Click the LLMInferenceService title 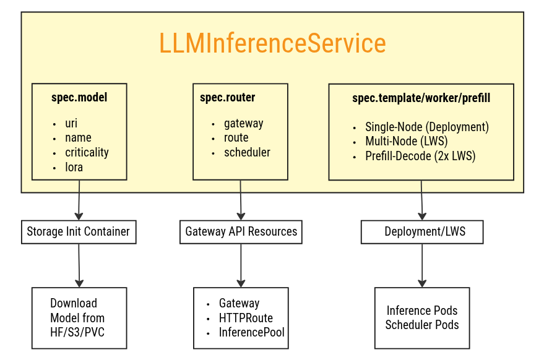[272, 44]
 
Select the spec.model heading [79, 98]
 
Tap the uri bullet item [71, 123]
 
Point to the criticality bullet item [87, 152]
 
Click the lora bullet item [74, 167]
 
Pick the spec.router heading [227, 98]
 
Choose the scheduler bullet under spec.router [247, 152]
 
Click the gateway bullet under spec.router [243, 123]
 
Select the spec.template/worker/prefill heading [421, 98]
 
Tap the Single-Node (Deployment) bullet [426, 127]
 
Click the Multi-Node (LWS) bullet [406, 142]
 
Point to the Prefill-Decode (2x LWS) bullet [420, 156]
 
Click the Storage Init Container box [79, 232]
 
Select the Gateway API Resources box [241, 232]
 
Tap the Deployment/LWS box [422, 232]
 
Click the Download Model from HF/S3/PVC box [79, 318]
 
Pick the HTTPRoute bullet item [246, 318]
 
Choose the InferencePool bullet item [251, 333]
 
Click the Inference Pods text [422, 311]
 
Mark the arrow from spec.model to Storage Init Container [79, 200]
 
